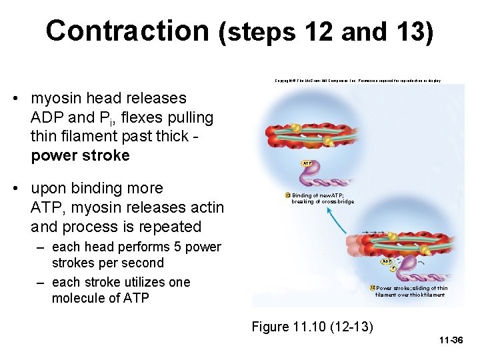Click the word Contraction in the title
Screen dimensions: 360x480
127,31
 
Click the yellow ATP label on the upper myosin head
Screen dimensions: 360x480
307,163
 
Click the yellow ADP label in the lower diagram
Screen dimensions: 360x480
386,261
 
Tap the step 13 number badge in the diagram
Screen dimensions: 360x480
287,195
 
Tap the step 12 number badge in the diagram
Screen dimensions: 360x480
372,288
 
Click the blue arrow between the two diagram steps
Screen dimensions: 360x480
336,220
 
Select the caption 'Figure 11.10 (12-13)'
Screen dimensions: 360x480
312,327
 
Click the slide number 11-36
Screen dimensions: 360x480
451,340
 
